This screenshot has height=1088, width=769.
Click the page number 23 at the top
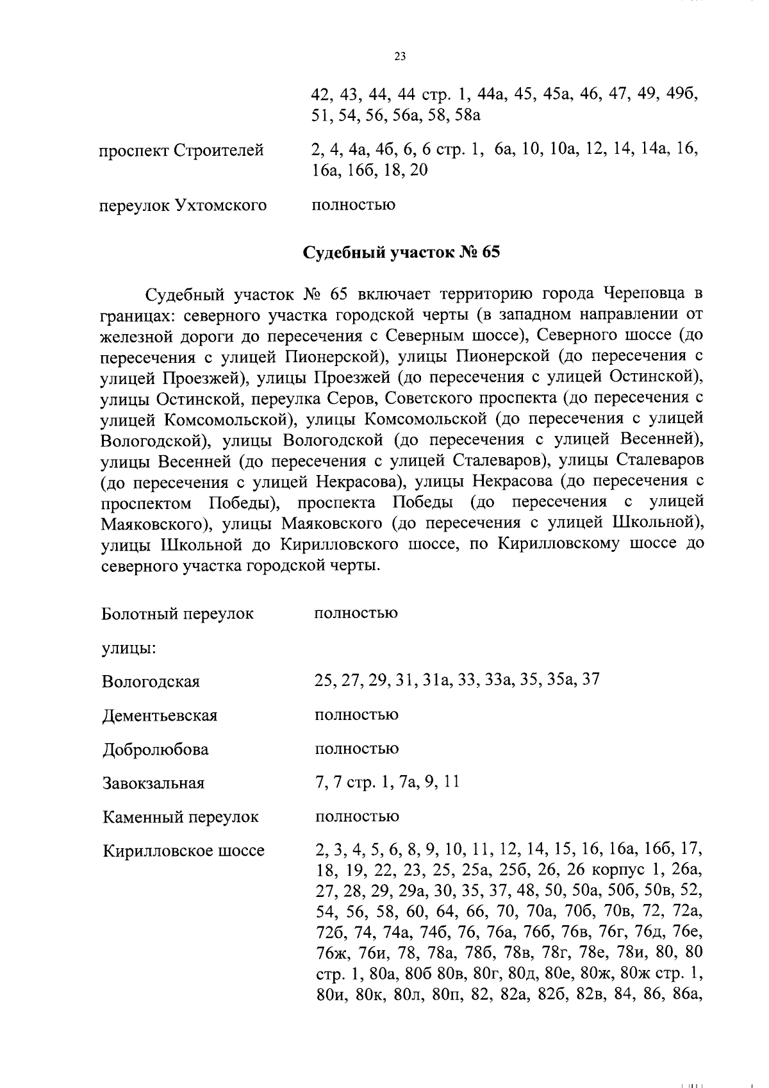(x=399, y=56)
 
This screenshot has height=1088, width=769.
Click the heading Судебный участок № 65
(x=401, y=252)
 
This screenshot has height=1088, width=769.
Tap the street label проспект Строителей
(x=181, y=151)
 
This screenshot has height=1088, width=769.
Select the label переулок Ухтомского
(x=183, y=206)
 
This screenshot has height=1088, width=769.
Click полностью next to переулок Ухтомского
(x=353, y=205)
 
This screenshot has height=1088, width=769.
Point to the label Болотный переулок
(x=178, y=614)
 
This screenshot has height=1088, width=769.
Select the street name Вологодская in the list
(x=151, y=682)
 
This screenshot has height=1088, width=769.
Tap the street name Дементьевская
(x=160, y=716)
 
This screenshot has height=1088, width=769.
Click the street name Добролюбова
(x=155, y=749)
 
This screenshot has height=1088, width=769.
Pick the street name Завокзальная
(x=153, y=783)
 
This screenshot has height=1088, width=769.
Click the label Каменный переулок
(x=180, y=817)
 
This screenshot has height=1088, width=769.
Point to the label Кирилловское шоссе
(x=183, y=851)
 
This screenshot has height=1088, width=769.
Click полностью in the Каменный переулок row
(x=356, y=816)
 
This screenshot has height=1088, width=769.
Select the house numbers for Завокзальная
(x=387, y=782)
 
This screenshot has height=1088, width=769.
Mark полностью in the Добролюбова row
(x=356, y=748)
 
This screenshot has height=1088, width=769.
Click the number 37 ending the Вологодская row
(x=590, y=680)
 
